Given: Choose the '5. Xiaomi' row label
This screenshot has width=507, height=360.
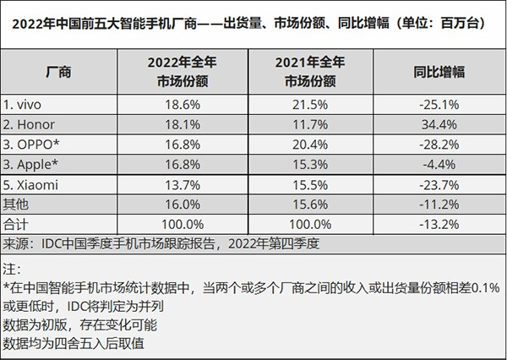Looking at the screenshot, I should tap(33, 184).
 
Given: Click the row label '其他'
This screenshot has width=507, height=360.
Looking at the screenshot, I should tap(17, 205).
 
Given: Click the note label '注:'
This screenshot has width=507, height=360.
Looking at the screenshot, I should tap(12, 270).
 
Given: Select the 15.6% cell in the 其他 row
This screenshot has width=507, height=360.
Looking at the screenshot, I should tap(308, 205).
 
